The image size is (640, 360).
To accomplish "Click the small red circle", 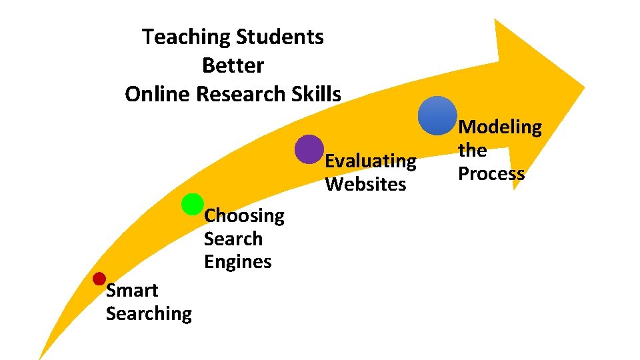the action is [99, 278].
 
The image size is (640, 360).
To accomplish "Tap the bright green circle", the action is [192, 205].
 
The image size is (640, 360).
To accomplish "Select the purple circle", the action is [309, 149].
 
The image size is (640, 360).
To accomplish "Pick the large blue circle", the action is [437, 115].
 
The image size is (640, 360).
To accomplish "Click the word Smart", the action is [132, 291].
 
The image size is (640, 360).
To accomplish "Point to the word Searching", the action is [149, 313].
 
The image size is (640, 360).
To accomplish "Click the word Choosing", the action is [244, 216].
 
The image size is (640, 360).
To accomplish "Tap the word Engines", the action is [237, 262].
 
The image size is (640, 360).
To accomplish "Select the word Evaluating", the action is [370, 161].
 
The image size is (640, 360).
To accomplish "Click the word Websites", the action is [365, 184].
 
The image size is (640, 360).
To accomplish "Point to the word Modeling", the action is [500, 127].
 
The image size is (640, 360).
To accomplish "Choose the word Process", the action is [491, 174].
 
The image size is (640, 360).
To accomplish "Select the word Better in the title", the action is [233, 65].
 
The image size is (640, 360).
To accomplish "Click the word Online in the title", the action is [157, 94].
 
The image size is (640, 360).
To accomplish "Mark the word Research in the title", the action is [243, 94].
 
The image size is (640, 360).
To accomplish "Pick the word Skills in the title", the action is [316, 94].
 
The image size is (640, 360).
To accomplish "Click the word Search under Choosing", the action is [233, 239].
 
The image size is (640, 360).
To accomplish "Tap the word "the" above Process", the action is [472, 151].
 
